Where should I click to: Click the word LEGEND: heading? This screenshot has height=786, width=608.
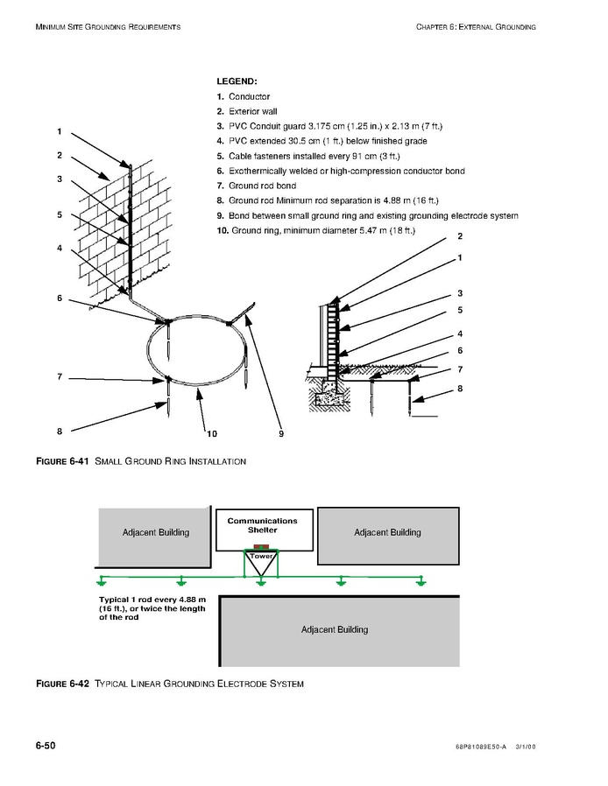coord(236,81)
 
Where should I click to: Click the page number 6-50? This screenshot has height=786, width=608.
coord(46,745)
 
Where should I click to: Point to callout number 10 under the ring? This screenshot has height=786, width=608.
coord(211,432)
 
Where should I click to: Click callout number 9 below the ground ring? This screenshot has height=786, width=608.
coord(281,432)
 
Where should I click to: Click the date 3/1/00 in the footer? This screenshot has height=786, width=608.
coord(525,747)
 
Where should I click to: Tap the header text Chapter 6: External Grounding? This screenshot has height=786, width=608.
coord(476,27)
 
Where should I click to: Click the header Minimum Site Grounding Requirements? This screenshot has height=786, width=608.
coord(108,27)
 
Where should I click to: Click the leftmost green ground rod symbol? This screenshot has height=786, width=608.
coord(103,580)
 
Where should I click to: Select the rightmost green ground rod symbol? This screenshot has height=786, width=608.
coord(422,580)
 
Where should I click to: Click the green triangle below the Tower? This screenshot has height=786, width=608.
coord(261,567)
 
